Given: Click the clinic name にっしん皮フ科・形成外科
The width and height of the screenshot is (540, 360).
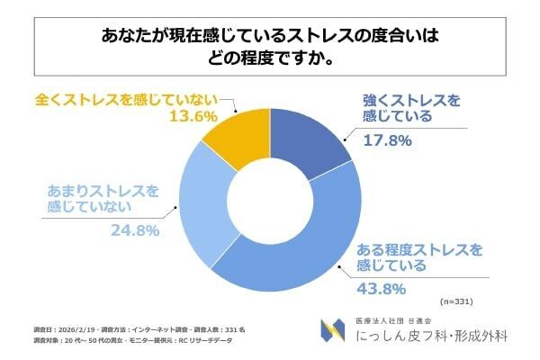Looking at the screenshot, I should [x=430, y=337].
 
